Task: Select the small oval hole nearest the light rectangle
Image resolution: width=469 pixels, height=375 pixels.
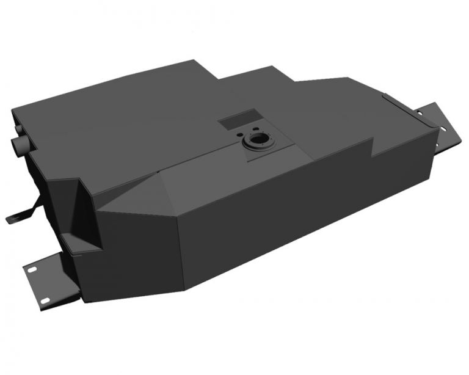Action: pos(243,132)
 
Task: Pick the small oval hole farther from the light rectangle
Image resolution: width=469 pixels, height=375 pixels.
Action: pos(250,131)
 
